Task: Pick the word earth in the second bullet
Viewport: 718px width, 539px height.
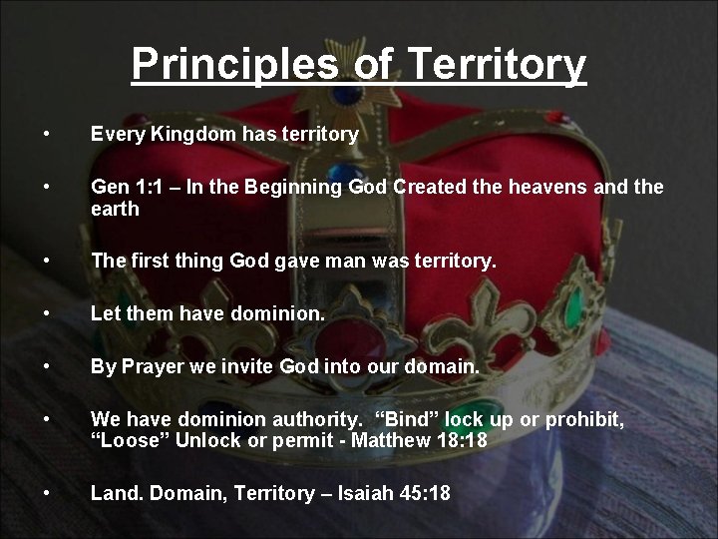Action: (115, 210)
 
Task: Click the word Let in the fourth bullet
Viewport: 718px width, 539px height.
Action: (105, 314)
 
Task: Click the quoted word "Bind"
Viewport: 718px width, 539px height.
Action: (409, 420)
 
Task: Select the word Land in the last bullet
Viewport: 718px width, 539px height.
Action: (112, 493)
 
